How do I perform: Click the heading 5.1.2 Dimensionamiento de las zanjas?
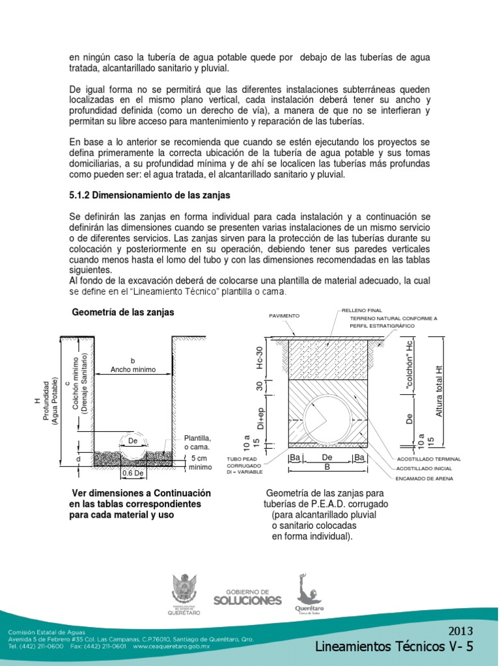pyautogui.click(x=150, y=195)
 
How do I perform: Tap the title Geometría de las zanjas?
pyautogui.click(x=123, y=312)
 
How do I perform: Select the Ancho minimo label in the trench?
pyautogui.click(x=133, y=369)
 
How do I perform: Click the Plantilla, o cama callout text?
pyautogui.click(x=198, y=442)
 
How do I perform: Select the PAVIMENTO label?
pyautogui.click(x=284, y=315)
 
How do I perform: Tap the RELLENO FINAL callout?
pyautogui.click(x=362, y=310)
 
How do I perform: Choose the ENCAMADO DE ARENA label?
pyautogui.click(x=424, y=479)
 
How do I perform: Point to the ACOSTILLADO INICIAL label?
pyautogui.click(x=424, y=468)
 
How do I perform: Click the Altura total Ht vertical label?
pyautogui.click(x=439, y=390)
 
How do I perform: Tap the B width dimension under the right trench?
pyautogui.click(x=327, y=466)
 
